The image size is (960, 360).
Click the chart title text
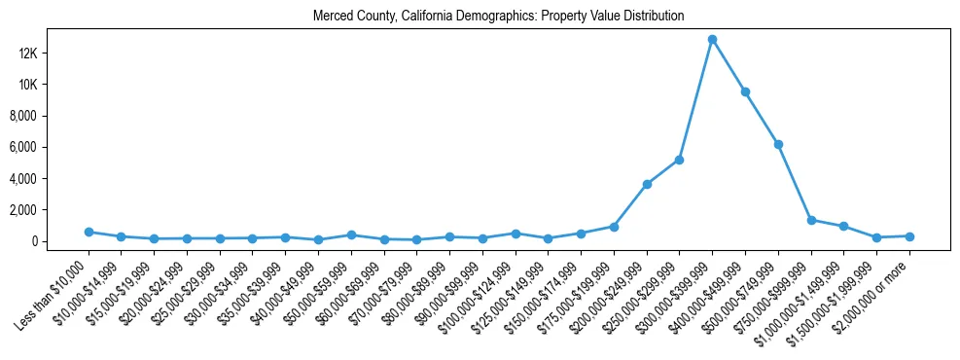499,17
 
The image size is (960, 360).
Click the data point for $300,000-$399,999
712,40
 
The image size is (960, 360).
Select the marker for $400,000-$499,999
745,91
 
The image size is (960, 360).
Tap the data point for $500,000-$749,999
778,144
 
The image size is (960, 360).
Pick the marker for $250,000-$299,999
679,160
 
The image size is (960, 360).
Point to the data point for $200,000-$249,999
647,184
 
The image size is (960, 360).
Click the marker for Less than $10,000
89,232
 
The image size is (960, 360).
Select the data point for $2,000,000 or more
909,236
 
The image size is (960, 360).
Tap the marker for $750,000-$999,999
811,220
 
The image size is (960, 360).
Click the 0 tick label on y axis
60,241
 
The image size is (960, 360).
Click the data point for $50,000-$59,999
351,234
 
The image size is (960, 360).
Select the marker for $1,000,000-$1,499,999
843,226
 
